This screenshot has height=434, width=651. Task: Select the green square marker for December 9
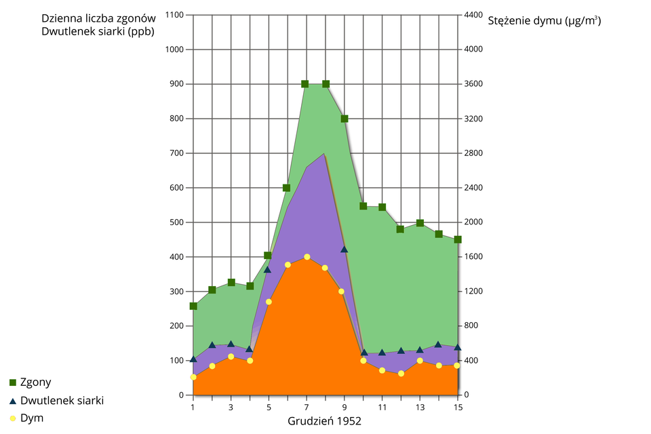coord(344,119)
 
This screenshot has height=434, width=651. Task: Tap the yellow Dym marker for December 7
coord(307,257)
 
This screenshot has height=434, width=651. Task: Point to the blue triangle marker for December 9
coord(344,250)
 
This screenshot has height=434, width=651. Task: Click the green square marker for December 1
coord(193,306)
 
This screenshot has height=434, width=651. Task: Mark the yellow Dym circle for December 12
coord(401,374)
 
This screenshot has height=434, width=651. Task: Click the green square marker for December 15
coord(458,239)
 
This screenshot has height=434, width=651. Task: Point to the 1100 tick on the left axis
coord(174,15)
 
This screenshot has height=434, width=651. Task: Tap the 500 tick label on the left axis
coord(176,222)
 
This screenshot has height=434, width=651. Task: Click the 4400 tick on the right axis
coord(473,15)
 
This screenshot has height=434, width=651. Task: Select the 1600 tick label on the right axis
coord(473,257)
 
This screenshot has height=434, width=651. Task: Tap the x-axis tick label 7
coord(307,407)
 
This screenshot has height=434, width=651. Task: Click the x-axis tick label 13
coord(420,407)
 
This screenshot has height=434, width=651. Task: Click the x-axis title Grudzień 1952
coord(325,421)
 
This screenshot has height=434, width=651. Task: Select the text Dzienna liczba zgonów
coord(98,18)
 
